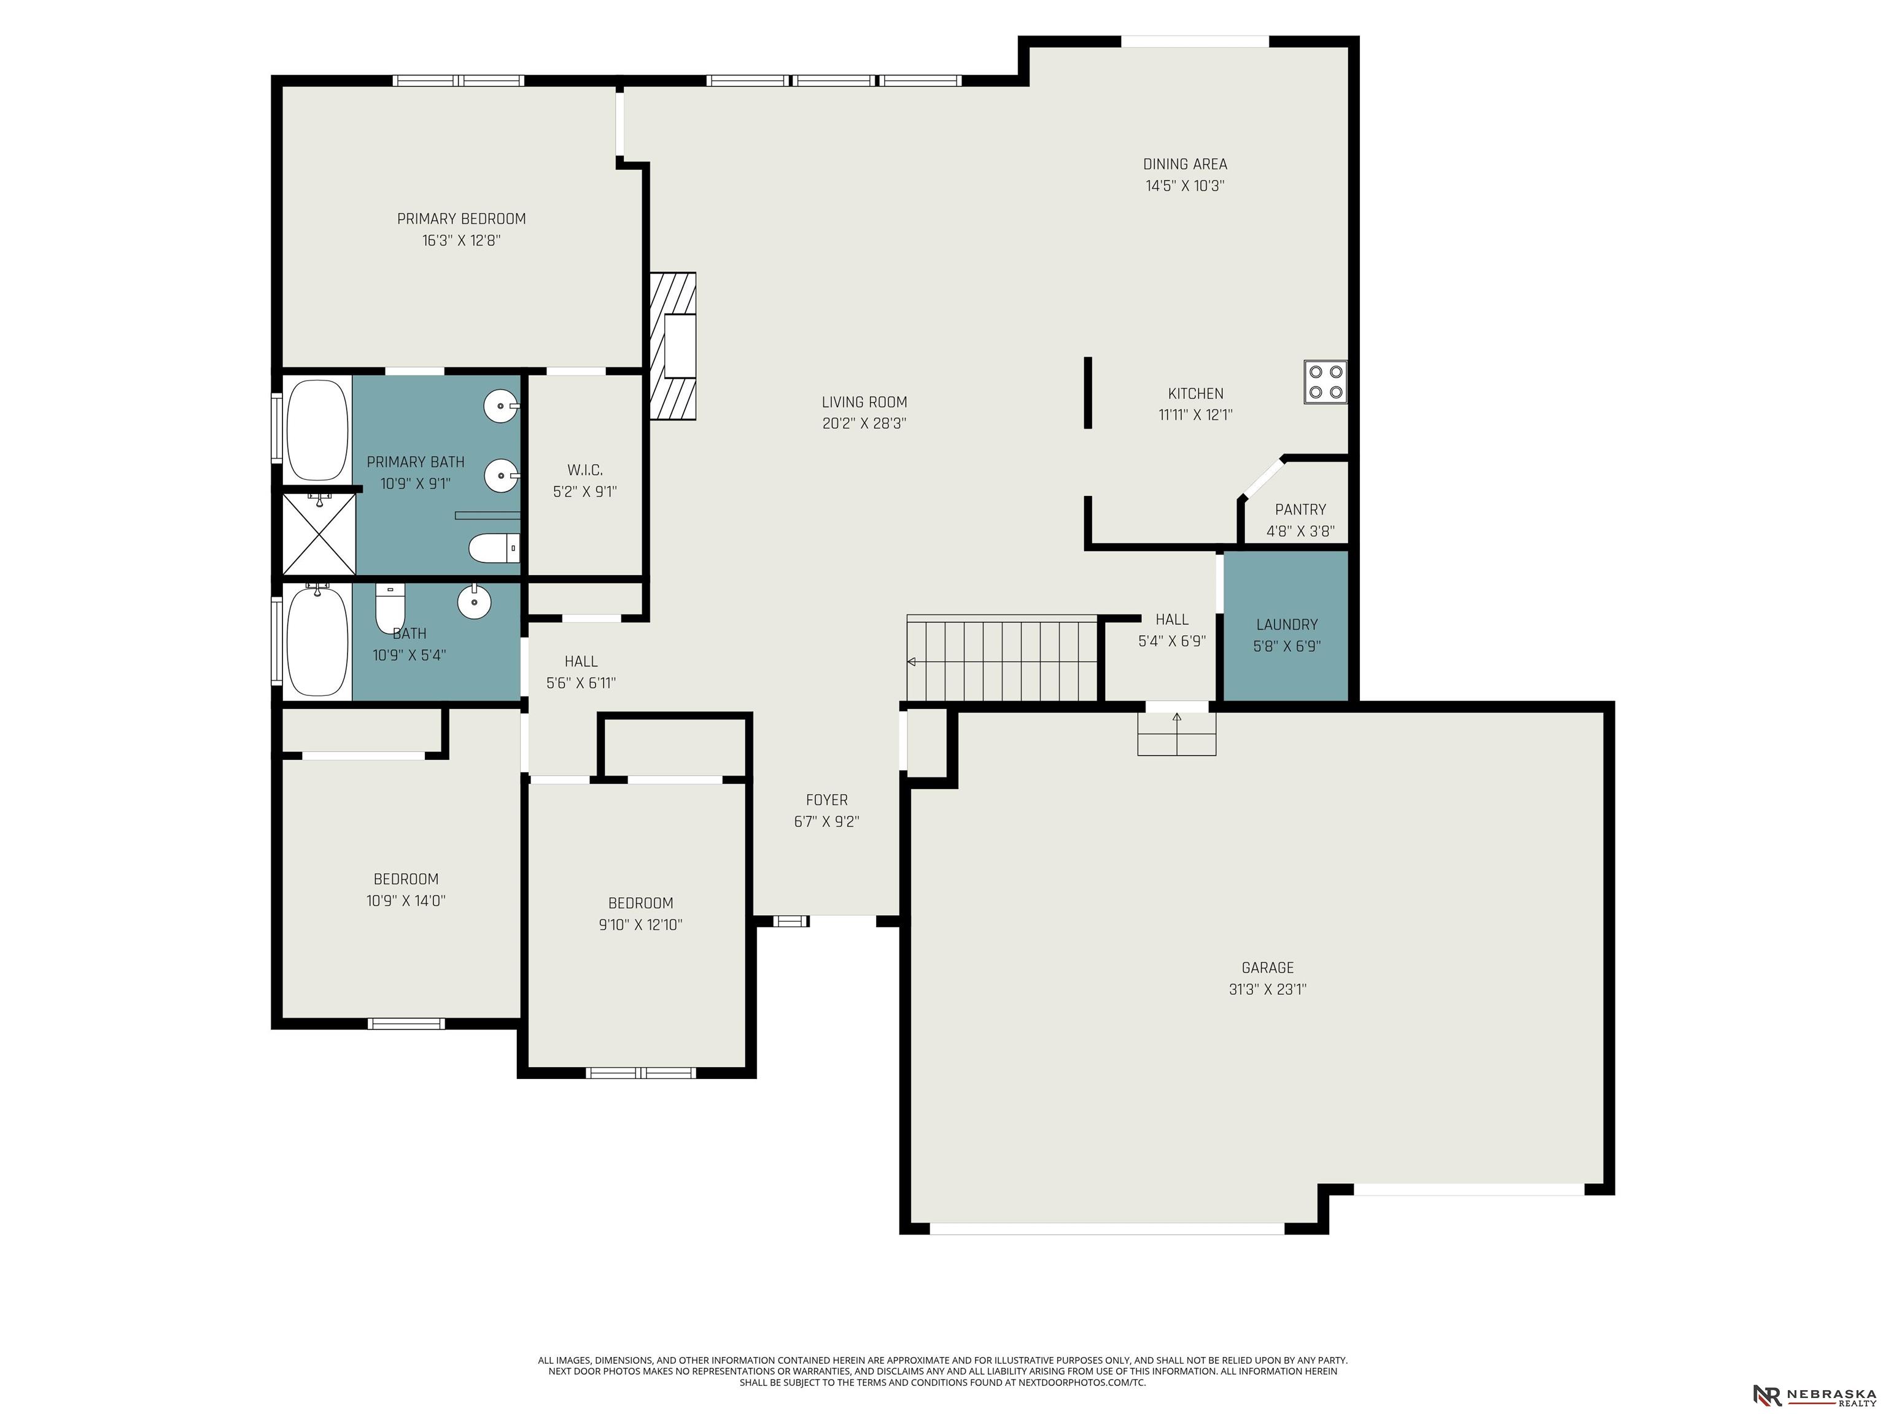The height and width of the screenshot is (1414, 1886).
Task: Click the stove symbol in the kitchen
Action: (1324, 382)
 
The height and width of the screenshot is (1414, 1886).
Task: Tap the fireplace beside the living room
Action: (673, 346)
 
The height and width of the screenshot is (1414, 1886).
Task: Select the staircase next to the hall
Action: (1002, 658)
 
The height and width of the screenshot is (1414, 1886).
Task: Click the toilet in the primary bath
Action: (494, 548)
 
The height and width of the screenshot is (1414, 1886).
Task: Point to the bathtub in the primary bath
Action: (317, 430)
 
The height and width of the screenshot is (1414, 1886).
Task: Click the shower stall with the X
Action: (319, 533)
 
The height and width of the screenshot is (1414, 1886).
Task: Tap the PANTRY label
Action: (1300, 509)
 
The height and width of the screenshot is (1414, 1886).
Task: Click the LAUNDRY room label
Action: (1287, 625)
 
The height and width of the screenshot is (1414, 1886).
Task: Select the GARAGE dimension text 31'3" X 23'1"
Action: (1267, 989)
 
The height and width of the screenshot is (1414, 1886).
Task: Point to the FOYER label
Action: (827, 800)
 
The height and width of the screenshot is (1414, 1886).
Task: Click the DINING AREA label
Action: (1185, 164)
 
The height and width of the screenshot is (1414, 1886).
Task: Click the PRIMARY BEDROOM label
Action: (461, 219)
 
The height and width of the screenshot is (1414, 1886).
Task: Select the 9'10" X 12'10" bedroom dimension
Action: (640, 925)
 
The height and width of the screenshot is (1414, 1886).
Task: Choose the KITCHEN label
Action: (1195, 394)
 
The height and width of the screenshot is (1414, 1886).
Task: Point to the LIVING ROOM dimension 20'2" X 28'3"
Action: (864, 423)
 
